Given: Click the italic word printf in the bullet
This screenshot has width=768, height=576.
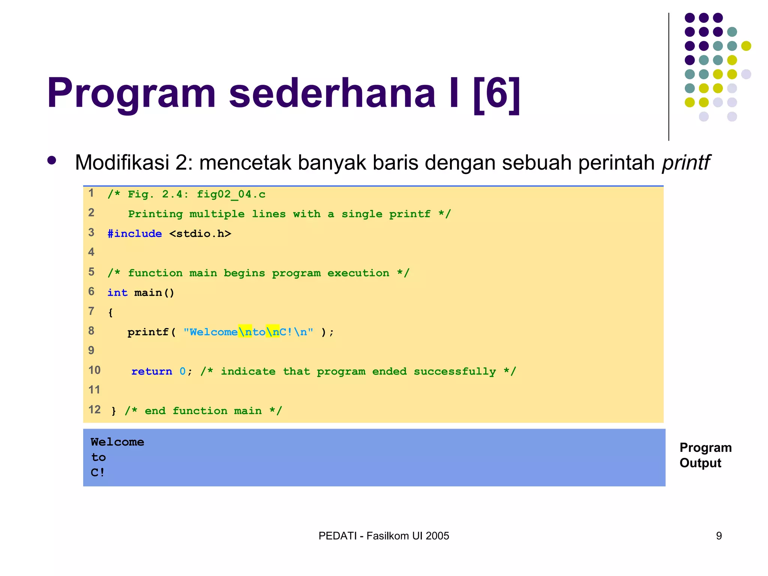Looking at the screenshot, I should [685, 163].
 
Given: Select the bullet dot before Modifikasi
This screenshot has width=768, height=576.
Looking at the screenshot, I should [52, 161].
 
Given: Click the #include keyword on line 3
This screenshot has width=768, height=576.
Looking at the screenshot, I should [135, 234].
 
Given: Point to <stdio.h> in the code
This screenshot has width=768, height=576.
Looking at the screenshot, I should [200, 234].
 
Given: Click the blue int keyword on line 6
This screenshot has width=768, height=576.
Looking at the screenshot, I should [117, 292].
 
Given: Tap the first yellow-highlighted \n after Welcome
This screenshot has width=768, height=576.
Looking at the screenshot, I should [245, 332].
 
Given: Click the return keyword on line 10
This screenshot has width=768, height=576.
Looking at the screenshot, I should [151, 371].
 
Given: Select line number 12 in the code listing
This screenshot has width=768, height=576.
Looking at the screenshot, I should [94, 409].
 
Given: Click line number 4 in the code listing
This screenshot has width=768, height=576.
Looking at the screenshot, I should [91, 252].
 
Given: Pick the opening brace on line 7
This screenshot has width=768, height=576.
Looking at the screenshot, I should [110, 312].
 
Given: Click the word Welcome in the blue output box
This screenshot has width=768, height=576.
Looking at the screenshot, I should [117, 442].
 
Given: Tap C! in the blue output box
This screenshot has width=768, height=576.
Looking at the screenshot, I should [97, 472].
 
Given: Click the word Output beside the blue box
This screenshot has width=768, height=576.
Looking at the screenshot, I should [700, 463].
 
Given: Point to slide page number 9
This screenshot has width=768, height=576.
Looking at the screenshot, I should [718, 536].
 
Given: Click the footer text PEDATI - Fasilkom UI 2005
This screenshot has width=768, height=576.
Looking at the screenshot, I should [384, 536].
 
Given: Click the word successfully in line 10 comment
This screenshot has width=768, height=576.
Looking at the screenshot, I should [454, 372].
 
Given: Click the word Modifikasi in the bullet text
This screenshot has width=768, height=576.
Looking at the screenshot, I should [122, 163].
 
